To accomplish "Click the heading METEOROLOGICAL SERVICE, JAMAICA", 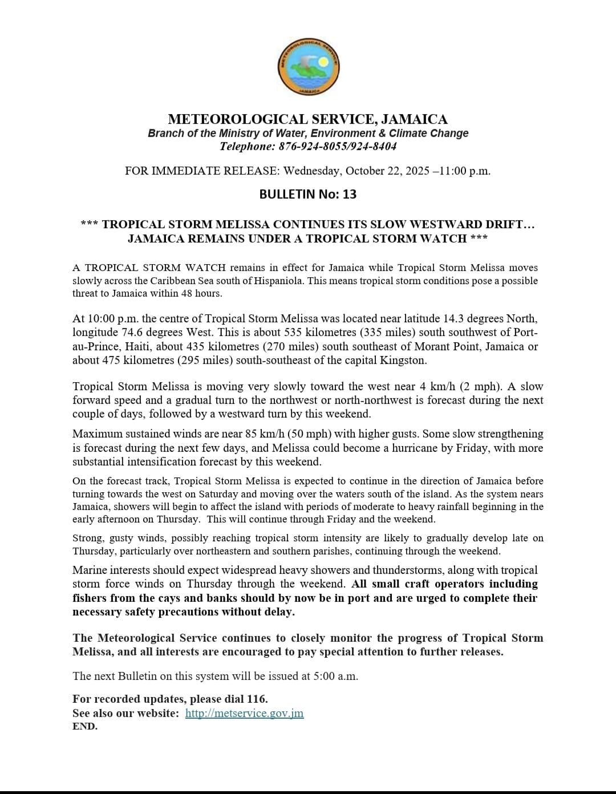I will coord(308,119).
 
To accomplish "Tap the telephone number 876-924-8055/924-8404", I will coord(337,147).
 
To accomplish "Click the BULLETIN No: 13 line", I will coord(308,194).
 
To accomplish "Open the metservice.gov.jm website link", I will coord(244,713).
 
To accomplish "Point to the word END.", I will coord(85,727).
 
